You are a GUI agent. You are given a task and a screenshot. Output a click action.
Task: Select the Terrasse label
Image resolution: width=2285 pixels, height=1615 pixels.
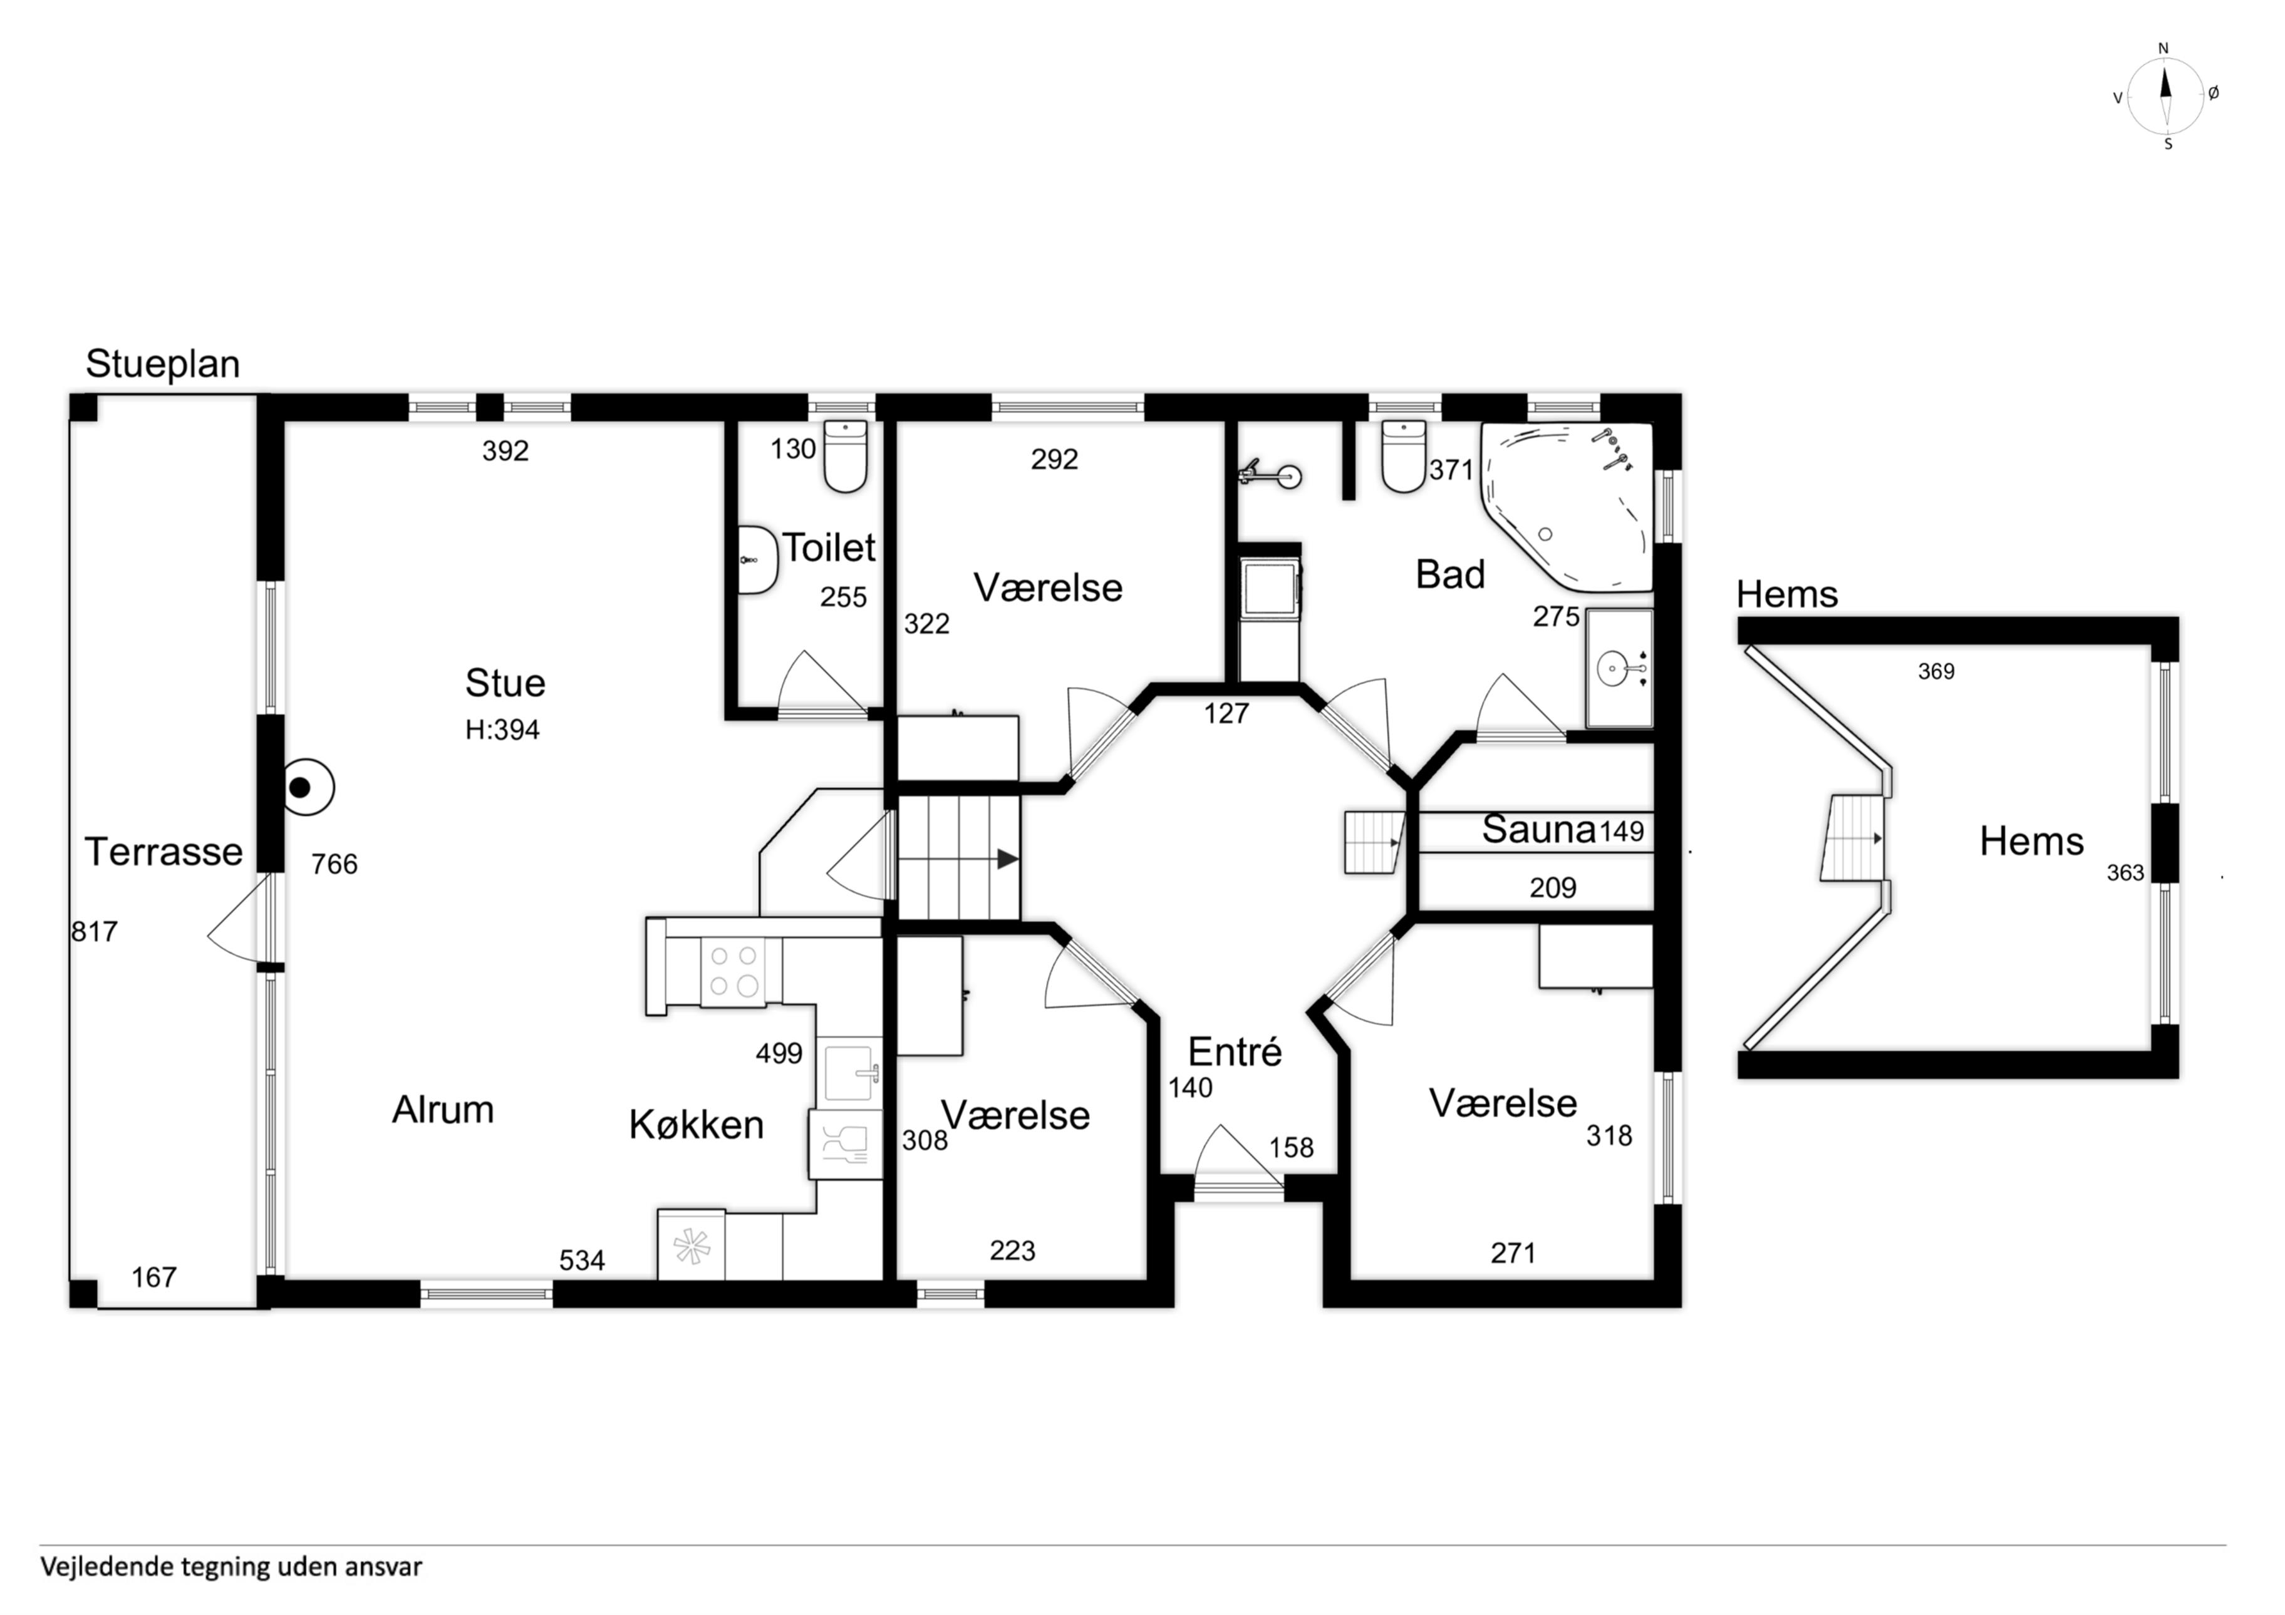(x=164, y=852)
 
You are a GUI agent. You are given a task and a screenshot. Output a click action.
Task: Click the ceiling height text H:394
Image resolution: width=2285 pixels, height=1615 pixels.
(x=502, y=730)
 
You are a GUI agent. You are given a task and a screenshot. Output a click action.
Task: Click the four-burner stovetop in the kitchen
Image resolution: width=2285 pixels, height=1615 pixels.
(x=733, y=971)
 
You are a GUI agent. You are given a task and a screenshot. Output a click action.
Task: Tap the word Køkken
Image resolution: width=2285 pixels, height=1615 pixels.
(x=697, y=1125)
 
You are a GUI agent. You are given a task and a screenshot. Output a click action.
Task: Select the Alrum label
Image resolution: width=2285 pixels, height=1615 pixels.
(x=443, y=1110)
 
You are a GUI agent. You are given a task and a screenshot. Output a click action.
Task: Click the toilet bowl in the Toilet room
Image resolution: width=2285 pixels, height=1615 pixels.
(x=846, y=457)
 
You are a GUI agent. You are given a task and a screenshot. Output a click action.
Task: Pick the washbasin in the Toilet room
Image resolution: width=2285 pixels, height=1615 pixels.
(x=757, y=560)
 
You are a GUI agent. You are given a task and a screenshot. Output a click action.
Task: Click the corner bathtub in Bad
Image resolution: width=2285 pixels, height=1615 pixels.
(x=1567, y=505)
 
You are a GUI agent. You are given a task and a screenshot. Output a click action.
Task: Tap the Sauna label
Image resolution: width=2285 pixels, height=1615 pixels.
(x=1538, y=829)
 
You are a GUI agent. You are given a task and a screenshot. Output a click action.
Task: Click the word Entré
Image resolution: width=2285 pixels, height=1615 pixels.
(x=1235, y=1052)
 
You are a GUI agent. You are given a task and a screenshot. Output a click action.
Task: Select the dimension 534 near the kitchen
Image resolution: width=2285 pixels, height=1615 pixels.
(x=582, y=1261)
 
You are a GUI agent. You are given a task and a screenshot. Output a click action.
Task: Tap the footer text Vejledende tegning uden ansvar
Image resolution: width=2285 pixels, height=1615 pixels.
(x=231, y=1567)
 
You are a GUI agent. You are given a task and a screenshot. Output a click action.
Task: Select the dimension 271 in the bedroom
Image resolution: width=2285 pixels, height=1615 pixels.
(x=1513, y=1253)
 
